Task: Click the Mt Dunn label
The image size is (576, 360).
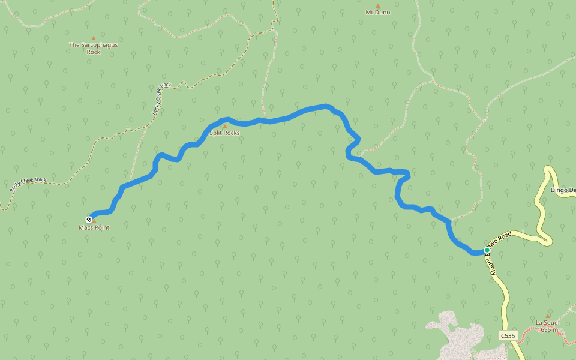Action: [377, 12]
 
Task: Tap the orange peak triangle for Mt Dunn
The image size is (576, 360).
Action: [377, 5]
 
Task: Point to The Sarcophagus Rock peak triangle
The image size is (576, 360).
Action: [93, 38]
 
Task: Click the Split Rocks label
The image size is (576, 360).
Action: [224, 133]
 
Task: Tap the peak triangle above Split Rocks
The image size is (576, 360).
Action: [225, 126]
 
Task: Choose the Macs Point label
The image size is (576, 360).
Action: [94, 227]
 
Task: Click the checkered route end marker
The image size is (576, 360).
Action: [89, 219]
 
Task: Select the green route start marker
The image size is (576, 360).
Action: [487, 250]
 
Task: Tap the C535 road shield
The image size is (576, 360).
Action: [507, 335]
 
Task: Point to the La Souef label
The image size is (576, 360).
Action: [547, 322]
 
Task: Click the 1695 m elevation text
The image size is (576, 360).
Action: [547, 329]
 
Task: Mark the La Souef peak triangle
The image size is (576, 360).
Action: [547, 316]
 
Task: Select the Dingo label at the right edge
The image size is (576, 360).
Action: [563, 190]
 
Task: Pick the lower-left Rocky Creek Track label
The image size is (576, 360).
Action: [28, 184]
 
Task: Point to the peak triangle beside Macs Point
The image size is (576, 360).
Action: [94, 221]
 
